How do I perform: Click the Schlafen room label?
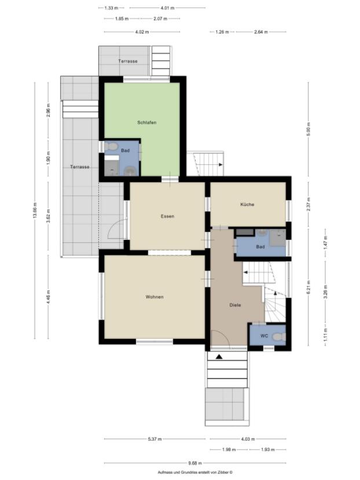pyautogui.click(x=147, y=123)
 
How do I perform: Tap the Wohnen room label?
pyautogui.click(x=155, y=297)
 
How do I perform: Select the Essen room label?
pyautogui.click(x=167, y=216)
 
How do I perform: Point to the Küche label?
pyautogui.click(x=247, y=205)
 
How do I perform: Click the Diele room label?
pyautogui.click(x=234, y=305)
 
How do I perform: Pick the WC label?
pyautogui.click(x=263, y=336)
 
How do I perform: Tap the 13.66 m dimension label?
pyautogui.click(x=35, y=211)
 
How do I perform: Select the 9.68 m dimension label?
pyautogui.click(x=195, y=463)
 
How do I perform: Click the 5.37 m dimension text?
pyautogui.click(x=155, y=439)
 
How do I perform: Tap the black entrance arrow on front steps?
pyautogui.click(x=219, y=357)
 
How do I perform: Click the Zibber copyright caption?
pyautogui.click(x=194, y=472)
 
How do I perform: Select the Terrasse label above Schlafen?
pyautogui.click(x=127, y=61)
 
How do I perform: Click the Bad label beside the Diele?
pyautogui.click(x=260, y=247)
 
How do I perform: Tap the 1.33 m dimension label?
pyautogui.click(x=111, y=8)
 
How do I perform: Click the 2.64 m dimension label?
pyautogui.click(x=261, y=32)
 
